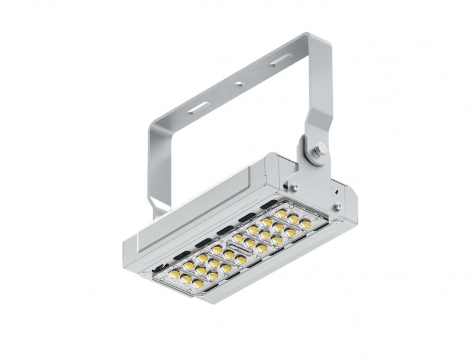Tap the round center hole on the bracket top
(238, 85)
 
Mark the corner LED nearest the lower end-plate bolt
(305, 223)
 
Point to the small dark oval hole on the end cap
(334, 191)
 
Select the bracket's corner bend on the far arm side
(154, 121)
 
